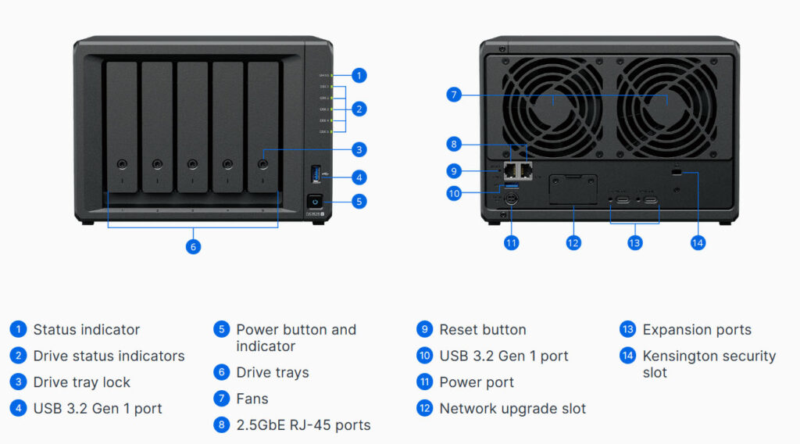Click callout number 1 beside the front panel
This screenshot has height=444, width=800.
coord(359,76)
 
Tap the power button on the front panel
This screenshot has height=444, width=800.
coord(314,201)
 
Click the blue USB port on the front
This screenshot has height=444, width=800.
coord(315,173)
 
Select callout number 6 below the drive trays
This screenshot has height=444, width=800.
coord(193,247)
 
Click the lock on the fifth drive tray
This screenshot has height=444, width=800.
coord(263,164)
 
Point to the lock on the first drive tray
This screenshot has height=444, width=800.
coord(122,164)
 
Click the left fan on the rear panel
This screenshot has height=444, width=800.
coord(552,99)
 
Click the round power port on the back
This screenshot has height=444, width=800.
coord(511,200)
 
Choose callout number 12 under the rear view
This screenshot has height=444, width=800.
coord(573,243)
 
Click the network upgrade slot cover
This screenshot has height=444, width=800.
coord(573,189)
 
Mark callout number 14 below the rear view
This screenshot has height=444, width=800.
coord(698,243)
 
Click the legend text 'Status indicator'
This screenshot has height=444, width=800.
coord(86,330)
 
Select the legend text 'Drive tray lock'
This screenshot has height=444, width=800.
coord(81,382)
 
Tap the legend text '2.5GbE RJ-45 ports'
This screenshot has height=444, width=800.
coord(303,425)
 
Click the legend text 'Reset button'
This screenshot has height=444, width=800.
coord(482,330)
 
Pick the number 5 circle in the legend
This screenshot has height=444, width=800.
coord(221,330)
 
